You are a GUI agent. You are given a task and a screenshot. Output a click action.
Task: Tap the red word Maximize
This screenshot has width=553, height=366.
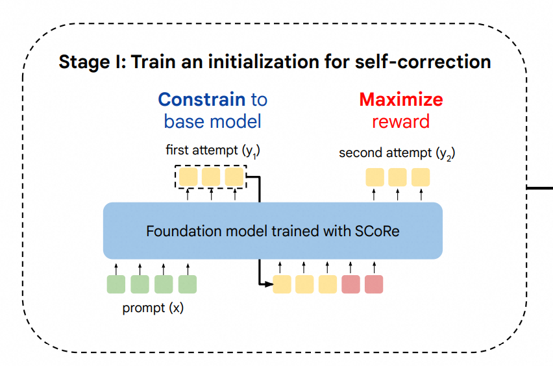coord(400,100)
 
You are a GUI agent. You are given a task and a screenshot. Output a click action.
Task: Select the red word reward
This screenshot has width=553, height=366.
coord(400,121)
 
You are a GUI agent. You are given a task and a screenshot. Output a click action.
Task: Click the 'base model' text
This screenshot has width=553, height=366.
coord(212,121)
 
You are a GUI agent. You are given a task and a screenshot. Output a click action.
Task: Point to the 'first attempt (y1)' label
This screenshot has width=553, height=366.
coord(213,151)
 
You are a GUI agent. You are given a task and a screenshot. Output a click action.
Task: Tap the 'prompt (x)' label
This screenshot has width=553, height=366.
coord(153,308)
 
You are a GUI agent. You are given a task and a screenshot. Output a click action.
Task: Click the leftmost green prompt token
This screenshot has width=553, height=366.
coord(116,284)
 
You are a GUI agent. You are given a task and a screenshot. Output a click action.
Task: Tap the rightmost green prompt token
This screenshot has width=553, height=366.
coord(187,284)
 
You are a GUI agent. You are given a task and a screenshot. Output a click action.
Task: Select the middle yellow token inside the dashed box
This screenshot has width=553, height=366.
coord(211,177)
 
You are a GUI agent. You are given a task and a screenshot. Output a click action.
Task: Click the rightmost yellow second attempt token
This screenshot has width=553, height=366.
coord(421,177)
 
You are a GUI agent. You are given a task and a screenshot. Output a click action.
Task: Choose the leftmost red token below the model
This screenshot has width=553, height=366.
coord(350,284)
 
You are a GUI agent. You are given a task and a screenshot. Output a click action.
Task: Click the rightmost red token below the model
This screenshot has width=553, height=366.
coord(374,284)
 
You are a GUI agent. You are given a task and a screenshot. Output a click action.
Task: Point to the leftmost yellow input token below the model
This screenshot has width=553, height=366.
coord(282,284)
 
